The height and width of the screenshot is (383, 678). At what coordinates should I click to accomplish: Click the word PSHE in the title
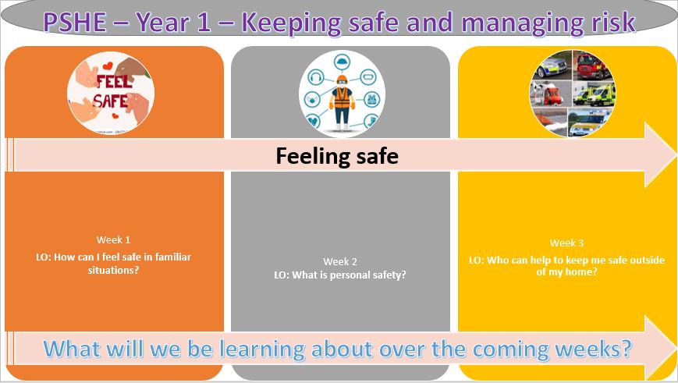pos(74,22)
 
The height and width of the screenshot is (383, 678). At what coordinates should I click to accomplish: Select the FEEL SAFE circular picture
pos(111,93)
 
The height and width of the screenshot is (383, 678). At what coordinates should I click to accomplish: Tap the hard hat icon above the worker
pos(342,60)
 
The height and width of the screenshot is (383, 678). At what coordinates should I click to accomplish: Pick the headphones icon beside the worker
pos(316,77)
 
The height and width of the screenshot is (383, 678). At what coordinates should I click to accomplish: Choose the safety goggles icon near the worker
pos(368,78)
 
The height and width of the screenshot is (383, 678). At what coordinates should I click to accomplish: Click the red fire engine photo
pos(591,66)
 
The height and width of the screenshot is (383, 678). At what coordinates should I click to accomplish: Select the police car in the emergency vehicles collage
pos(552,66)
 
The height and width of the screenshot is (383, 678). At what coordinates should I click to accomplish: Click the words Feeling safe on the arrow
pos(337,156)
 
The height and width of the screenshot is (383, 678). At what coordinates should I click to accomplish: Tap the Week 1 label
pos(113,240)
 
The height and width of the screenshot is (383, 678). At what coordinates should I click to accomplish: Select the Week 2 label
pos(340,261)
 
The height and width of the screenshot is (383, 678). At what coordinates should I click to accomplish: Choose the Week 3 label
pos(567,243)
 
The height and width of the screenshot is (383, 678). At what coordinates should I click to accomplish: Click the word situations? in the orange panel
pos(113,270)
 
